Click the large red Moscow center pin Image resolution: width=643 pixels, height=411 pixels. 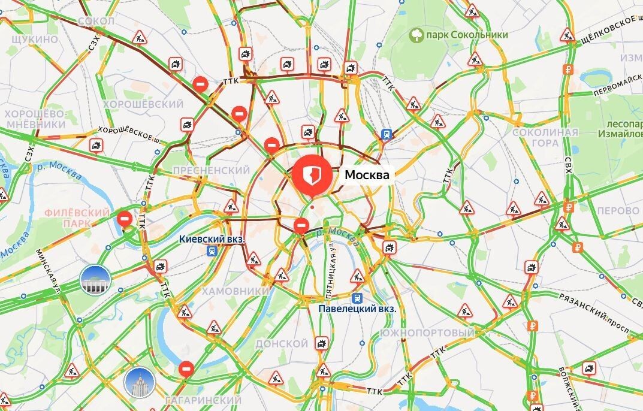tap(312, 174)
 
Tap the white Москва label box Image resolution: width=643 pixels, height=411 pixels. tap(367, 175)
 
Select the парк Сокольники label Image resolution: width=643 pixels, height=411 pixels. tap(467, 35)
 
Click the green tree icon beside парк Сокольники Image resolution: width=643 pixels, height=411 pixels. tap(416, 35)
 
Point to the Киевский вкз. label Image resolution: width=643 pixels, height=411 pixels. tap(212, 238)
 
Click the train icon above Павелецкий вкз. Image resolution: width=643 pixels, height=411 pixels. tap(358, 297)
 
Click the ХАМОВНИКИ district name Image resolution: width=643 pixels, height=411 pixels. tap(236, 291)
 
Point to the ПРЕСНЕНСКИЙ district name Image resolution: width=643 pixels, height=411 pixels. tap(211, 171)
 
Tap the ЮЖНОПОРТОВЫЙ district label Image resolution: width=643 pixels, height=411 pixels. tap(427, 333)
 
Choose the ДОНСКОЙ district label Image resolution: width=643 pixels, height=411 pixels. tap(282, 344)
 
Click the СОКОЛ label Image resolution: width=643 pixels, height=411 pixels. tap(96, 21)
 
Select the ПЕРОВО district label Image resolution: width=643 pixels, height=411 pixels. tap(618, 211)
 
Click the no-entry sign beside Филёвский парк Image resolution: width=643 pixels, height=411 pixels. tap(125, 219)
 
